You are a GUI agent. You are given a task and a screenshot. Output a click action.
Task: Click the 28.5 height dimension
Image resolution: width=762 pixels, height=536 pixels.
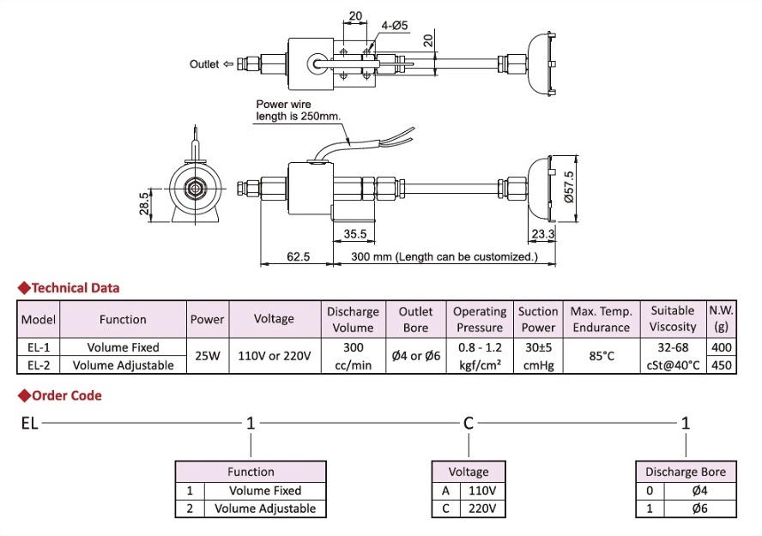click(x=144, y=205)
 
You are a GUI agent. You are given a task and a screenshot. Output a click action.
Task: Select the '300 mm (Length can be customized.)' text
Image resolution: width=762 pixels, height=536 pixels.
click(x=438, y=256)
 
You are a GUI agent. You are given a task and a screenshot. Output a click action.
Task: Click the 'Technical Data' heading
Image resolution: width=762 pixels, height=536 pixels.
click(x=76, y=288)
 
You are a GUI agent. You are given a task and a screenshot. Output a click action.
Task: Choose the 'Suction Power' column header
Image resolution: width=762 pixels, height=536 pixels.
click(x=538, y=319)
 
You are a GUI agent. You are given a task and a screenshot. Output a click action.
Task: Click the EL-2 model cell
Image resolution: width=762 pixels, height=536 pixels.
click(x=39, y=364)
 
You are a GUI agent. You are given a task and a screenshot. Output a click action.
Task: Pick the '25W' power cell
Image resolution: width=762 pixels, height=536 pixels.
click(x=208, y=356)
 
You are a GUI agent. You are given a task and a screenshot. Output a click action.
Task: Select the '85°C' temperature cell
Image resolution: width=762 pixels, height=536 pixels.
click(x=601, y=356)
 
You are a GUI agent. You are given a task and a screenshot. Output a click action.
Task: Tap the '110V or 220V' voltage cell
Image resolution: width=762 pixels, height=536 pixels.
click(x=274, y=356)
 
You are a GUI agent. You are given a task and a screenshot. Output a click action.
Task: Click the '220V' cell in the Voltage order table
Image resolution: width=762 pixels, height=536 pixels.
click(x=481, y=509)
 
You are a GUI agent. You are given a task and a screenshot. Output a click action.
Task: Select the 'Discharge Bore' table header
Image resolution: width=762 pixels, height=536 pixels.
click(x=685, y=472)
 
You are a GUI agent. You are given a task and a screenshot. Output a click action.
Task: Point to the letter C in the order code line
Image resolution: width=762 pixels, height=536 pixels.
click(x=469, y=423)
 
